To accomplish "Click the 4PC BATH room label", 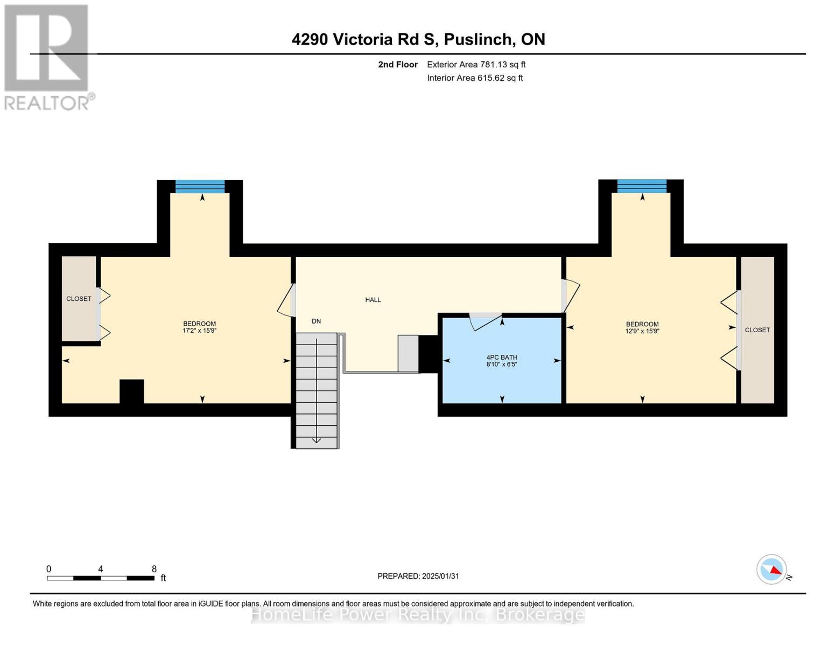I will click(502, 357).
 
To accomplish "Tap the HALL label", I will click(373, 300).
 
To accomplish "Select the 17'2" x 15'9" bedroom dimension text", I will click(199, 331).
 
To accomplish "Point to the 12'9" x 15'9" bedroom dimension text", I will click(642, 332).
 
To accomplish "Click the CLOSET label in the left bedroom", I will click(79, 299).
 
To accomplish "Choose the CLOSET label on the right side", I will click(757, 330).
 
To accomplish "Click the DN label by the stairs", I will click(316, 321).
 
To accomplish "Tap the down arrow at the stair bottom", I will click(317, 440).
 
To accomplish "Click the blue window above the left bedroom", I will click(200, 186).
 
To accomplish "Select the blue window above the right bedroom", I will click(641, 186).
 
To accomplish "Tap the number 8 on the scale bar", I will click(154, 569).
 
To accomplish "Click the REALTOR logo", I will click(47, 57).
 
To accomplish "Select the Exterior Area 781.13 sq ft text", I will click(476, 65).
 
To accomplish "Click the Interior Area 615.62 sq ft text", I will click(475, 78).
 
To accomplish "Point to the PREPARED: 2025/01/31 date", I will click(418, 576).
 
